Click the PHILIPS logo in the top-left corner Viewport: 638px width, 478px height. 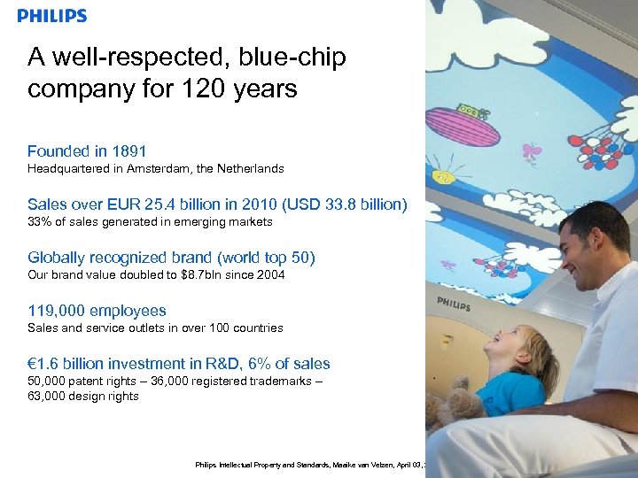[52, 16]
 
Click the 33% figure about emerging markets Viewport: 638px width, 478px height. [40, 221]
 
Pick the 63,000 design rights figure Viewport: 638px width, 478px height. [48, 396]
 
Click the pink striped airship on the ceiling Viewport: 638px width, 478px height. [463, 125]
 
